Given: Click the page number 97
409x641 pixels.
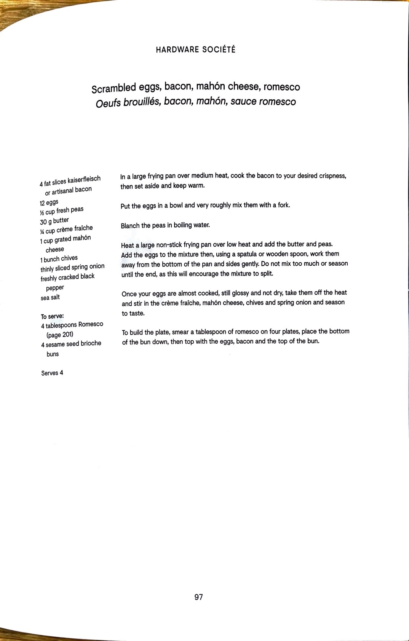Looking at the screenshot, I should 198,597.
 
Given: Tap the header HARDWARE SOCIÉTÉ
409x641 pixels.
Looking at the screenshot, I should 196,49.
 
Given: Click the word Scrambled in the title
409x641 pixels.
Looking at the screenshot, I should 113,88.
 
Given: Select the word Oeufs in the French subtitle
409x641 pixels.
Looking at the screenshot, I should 108,103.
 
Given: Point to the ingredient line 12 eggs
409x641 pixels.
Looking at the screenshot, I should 49,202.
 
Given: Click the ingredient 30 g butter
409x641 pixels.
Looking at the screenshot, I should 54,221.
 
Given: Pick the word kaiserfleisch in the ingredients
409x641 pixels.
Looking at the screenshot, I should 84,179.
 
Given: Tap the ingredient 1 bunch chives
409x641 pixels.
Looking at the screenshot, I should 59,259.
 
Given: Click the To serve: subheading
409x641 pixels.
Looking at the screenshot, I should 52,316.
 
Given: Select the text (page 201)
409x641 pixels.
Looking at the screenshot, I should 60,335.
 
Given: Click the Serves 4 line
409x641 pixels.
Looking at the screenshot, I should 52,373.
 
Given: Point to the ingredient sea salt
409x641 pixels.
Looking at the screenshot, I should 50,297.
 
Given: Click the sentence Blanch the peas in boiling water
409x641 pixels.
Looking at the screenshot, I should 165,225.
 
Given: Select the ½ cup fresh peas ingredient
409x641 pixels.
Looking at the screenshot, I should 62,211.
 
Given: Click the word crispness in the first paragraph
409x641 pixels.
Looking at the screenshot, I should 332,176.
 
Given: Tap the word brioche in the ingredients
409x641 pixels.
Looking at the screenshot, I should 91,343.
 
